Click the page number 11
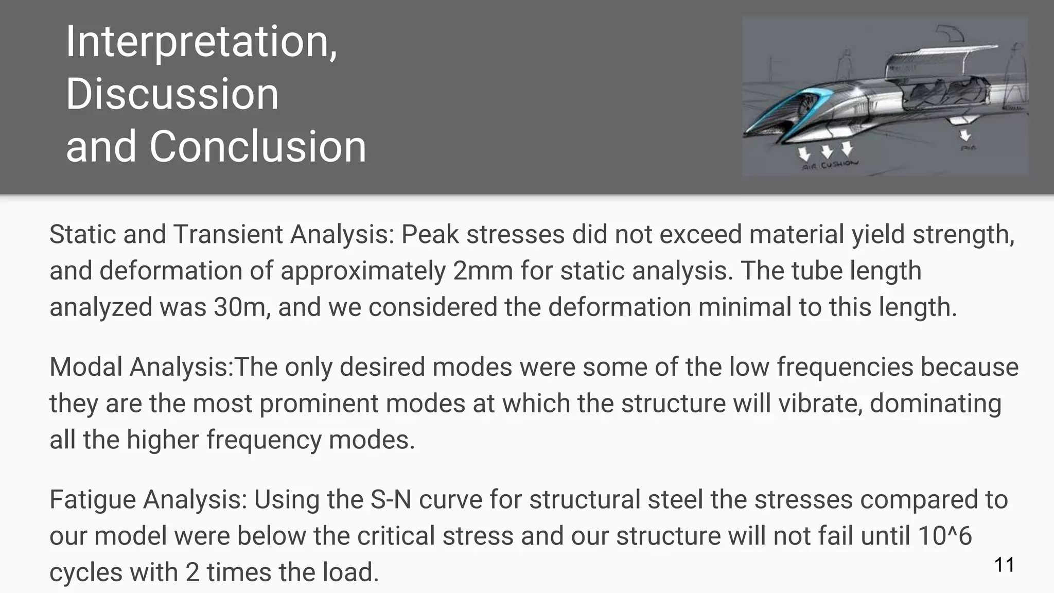coord(1004,565)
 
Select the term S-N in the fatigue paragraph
coord(391,499)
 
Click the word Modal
coord(85,367)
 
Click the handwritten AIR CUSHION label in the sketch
coord(830,165)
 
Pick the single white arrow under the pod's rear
coord(965,134)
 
